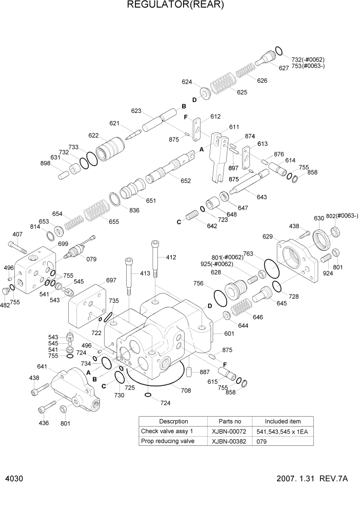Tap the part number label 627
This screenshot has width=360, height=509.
[284, 68]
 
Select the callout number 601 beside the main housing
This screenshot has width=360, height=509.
[228, 333]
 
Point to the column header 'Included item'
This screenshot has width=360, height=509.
[283, 421]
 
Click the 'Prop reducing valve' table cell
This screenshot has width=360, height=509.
[168, 441]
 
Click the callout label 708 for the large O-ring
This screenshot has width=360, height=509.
[185, 390]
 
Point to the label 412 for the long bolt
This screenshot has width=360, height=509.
[171, 257]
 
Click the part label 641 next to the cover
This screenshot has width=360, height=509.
[43, 366]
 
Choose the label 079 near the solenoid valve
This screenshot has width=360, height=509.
[91, 259]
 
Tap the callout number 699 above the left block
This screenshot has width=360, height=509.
[63, 243]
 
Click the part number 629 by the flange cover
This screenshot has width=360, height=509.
[268, 236]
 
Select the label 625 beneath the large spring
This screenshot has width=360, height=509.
[242, 92]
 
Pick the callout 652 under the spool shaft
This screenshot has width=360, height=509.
[185, 181]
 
